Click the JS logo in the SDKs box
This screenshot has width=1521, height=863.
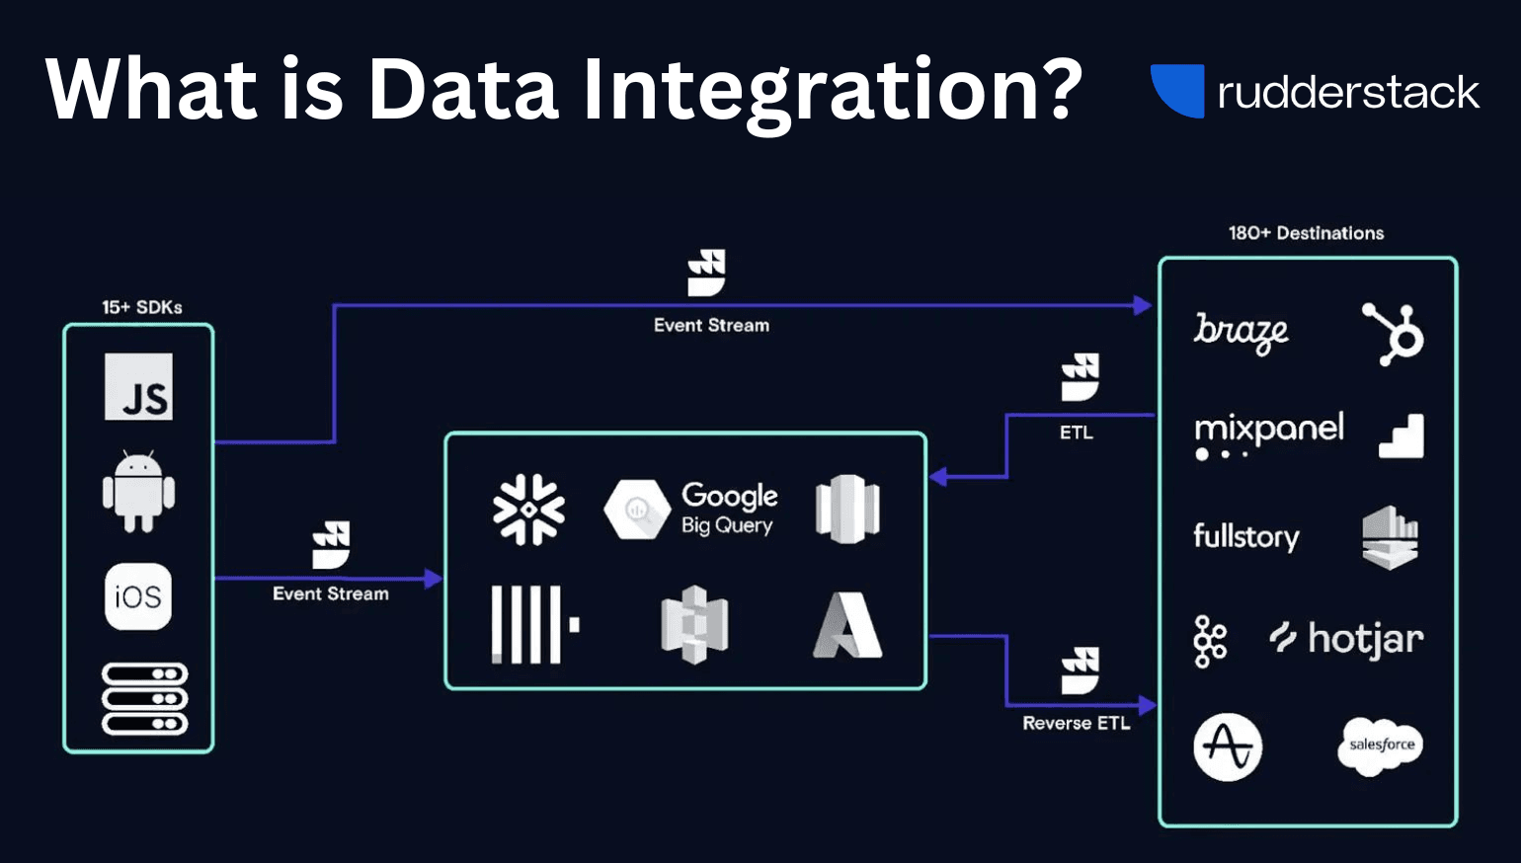point(138,387)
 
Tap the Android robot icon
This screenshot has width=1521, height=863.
point(138,492)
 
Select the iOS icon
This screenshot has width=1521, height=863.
point(138,596)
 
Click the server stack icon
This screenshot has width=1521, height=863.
point(144,699)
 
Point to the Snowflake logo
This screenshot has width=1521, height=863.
point(529,510)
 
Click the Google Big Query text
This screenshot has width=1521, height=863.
point(729,508)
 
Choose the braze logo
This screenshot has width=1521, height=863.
point(1241,332)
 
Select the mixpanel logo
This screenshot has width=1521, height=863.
point(1268,432)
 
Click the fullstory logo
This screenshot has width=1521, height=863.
point(1245,536)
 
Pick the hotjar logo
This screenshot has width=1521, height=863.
point(1346,639)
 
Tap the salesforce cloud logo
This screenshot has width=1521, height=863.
point(1382,745)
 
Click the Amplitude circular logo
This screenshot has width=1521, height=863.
point(1228,746)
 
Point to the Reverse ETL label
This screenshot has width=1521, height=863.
point(1076,723)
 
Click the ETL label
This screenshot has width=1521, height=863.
point(1076,432)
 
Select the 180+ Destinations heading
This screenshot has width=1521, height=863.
point(1306,233)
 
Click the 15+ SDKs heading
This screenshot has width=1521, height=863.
point(142,307)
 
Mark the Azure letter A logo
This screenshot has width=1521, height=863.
point(847,625)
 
